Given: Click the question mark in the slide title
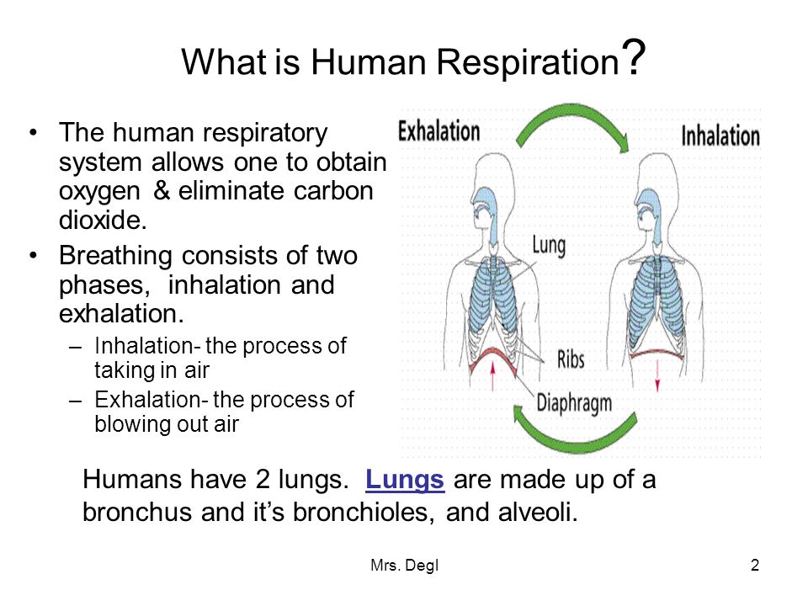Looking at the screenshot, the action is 633,56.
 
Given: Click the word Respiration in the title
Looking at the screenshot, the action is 528,61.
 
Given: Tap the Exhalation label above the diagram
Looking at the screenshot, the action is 439,131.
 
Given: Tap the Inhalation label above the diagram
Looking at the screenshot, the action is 720,136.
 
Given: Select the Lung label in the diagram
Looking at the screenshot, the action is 549,246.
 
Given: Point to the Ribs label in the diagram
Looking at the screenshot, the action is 571,359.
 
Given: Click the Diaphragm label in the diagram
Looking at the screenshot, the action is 574,402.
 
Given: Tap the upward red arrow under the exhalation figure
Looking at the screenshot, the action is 493,375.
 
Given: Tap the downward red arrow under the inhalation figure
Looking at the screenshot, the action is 657,376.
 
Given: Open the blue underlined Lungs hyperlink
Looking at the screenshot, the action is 405,480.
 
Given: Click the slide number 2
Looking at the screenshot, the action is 755,566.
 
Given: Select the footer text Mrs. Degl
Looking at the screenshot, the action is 405,566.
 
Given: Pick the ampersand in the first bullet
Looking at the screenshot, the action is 162,191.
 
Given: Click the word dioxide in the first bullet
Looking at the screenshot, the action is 103,220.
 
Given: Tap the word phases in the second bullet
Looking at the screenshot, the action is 104,286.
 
